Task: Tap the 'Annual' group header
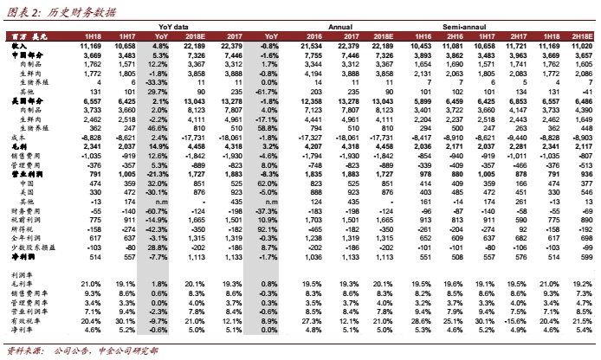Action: coord(339,27)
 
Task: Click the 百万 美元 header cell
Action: coord(26,35)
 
